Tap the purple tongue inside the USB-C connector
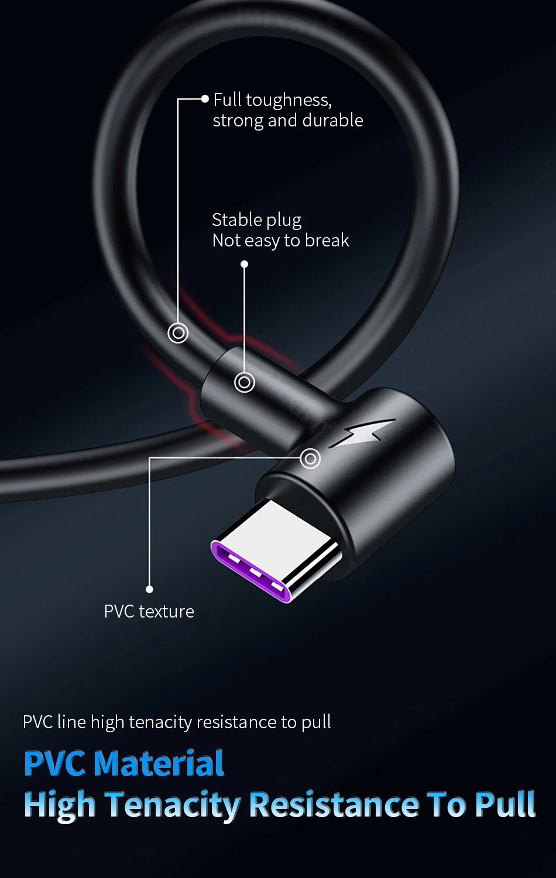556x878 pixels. (252, 571)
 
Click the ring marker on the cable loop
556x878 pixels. (178, 333)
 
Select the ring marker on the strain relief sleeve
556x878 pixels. (245, 382)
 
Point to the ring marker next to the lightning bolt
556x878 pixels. (310, 458)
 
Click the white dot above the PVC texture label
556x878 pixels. (150, 589)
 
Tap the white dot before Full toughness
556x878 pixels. (205, 99)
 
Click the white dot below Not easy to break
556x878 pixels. (245, 265)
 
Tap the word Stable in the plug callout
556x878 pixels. (233, 220)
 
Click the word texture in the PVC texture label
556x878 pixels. (166, 612)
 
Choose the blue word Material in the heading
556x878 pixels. (159, 764)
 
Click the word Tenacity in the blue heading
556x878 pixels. (173, 805)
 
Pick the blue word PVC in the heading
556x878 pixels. (55, 764)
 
